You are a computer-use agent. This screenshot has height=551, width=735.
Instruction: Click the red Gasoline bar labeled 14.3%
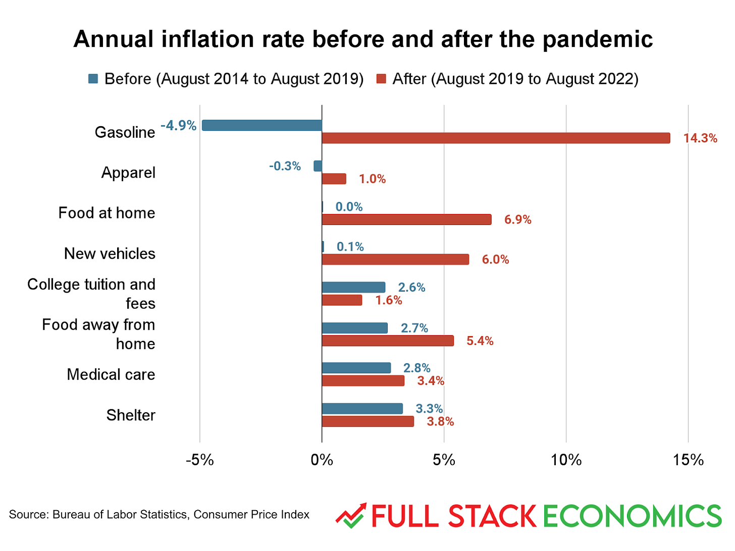click(x=496, y=138)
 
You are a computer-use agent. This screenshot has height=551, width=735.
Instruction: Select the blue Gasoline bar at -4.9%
click(x=262, y=125)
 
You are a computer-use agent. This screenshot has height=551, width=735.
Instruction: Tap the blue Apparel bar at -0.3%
click(x=318, y=166)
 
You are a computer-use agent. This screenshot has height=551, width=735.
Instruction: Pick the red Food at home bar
click(x=406, y=219)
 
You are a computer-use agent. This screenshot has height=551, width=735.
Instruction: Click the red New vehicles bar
click(x=395, y=259)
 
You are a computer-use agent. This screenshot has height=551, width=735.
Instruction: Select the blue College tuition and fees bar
click(x=353, y=288)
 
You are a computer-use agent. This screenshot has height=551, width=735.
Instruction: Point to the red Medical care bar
click(x=363, y=381)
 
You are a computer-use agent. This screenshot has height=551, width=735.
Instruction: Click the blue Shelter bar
click(x=362, y=409)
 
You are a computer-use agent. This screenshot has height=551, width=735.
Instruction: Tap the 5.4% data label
click(x=480, y=341)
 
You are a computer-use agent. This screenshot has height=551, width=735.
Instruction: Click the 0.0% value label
click(x=349, y=207)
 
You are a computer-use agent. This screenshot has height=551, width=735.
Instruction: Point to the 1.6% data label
click(x=388, y=301)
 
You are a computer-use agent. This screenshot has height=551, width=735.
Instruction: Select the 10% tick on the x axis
click(x=566, y=460)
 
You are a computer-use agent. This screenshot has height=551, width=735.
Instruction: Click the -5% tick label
click(x=200, y=460)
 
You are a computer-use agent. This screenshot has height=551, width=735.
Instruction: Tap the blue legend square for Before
click(x=93, y=79)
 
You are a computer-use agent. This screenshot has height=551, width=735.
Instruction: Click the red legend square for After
click(x=382, y=79)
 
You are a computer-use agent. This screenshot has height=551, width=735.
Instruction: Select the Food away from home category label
click(x=98, y=334)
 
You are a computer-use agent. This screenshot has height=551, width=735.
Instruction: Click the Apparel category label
click(x=128, y=173)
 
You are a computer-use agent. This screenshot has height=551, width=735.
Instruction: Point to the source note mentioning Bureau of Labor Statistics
click(x=159, y=515)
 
